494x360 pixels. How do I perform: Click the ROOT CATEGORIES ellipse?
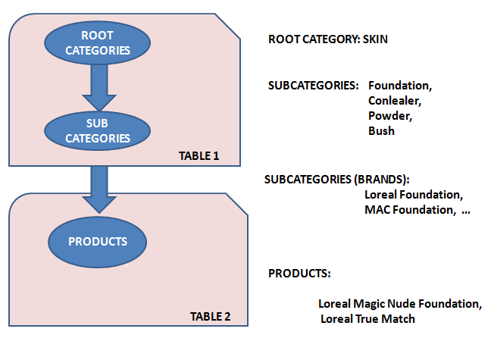point(98,42)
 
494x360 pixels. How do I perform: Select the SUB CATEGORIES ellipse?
point(98,130)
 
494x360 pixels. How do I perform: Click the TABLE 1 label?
point(199,156)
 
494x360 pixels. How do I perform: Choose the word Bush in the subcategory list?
point(381,130)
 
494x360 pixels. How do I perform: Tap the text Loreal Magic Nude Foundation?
point(400,304)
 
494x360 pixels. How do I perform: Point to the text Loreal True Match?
point(368,319)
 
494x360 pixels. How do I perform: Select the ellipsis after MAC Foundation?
point(465,210)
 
